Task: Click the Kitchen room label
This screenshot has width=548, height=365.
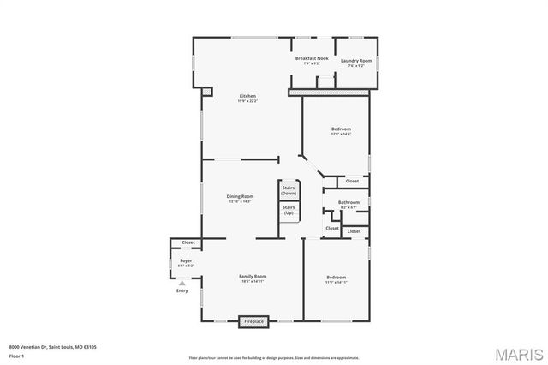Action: click(247, 95)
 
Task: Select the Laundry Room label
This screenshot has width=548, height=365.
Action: click(355, 61)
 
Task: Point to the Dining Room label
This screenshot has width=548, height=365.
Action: click(240, 196)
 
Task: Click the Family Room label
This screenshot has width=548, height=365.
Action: click(253, 276)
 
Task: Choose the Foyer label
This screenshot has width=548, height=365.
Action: click(185, 260)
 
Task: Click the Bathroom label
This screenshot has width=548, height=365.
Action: click(348, 202)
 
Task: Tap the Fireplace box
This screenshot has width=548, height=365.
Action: click(255, 321)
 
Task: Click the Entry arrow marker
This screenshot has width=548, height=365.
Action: click(182, 284)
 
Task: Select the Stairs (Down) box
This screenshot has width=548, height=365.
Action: click(289, 190)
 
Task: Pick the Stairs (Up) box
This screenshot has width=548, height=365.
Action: click(289, 210)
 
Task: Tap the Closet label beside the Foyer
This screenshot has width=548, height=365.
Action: click(188, 242)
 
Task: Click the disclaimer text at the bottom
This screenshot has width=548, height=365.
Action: click(274, 357)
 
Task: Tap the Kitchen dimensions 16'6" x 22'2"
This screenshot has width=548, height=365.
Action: click(247, 101)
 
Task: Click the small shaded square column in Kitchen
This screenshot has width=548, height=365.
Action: click(206, 90)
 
